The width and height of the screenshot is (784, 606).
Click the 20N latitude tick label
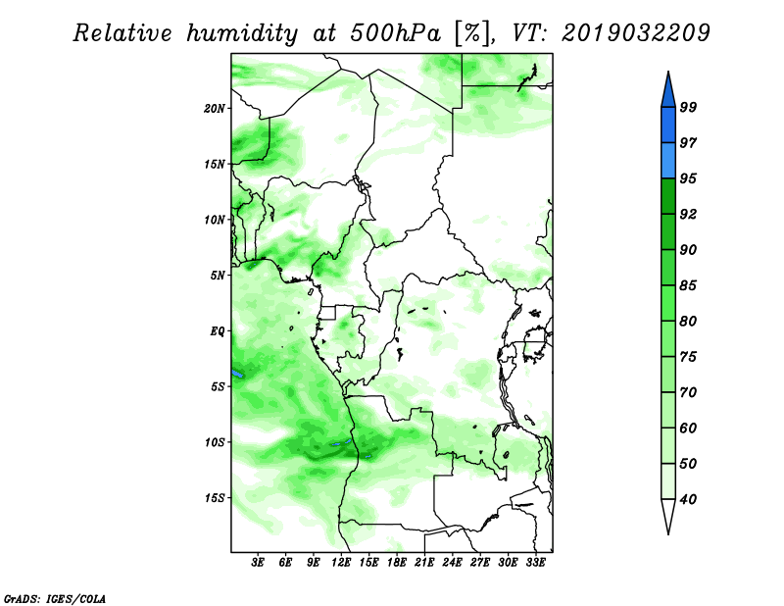[x=215, y=109]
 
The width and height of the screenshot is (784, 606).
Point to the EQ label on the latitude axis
[x=218, y=331]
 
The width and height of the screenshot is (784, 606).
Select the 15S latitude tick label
[x=215, y=498]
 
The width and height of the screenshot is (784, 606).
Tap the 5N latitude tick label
[x=218, y=276]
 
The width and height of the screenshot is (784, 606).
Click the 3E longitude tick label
[x=258, y=562]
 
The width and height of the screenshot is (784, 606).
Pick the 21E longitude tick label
[x=424, y=562]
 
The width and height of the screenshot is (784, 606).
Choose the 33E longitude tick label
[x=535, y=562]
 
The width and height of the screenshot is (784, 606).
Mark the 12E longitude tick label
[x=340, y=562]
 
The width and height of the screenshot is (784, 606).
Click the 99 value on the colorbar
[x=688, y=107]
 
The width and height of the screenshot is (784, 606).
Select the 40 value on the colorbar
[x=688, y=499]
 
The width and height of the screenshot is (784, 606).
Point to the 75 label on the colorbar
[x=688, y=357]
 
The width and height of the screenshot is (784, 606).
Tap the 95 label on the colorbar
[x=688, y=178]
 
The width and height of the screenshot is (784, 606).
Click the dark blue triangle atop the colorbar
[x=668, y=92]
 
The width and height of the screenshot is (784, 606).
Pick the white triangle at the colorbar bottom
[x=668, y=514]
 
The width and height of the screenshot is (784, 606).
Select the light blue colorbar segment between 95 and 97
[x=668, y=161]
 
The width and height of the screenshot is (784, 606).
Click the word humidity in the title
[x=242, y=34]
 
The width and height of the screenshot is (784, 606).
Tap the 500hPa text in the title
[x=396, y=33]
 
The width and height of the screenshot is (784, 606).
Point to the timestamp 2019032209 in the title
[x=636, y=33]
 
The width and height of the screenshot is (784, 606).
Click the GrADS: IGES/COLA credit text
[x=55, y=598]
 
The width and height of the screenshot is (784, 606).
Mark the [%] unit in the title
[x=472, y=33]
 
